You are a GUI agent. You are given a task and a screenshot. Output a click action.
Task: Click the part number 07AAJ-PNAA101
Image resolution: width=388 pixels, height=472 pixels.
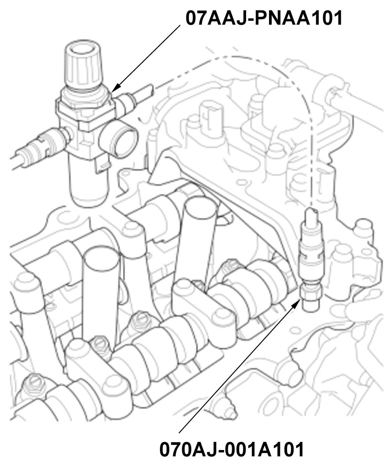point(264,18)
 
